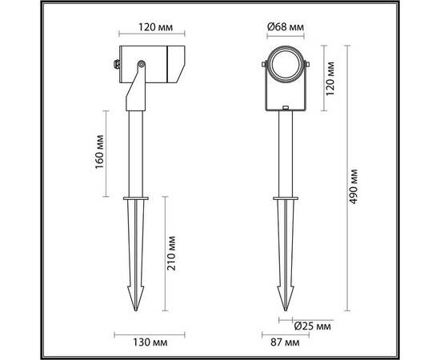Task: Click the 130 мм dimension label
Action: pyautogui.click(x=150, y=342)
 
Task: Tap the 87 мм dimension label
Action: pyautogui.click(x=285, y=342)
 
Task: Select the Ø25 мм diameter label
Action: pyautogui.click(x=313, y=326)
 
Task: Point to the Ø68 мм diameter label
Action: pyautogui.click(x=286, y=27)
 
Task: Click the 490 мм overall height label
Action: pyautogui.click(x=354, y=186)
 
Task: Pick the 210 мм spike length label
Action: pyautogui.click(x=171, y=254)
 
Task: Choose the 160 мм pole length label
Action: pyautogui.click(x=100, y=152)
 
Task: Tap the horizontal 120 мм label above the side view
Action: pyautogui.click(x=156, y=27)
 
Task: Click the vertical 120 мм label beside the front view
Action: pyautogui.click(x=330, y=78)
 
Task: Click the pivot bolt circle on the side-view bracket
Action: pyautogui.click(x=141, y=65)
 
